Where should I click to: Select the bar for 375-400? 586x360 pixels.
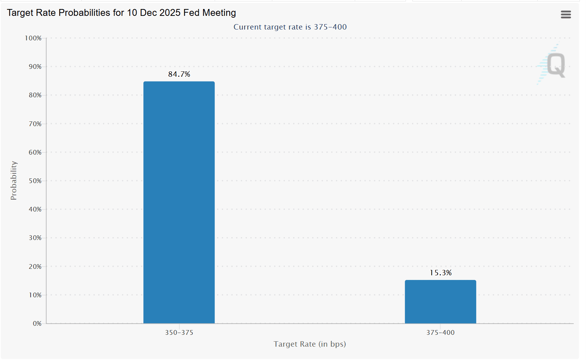pyautogui.click(x=440, y=302)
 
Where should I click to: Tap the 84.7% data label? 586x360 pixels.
pyautogui.click(x=179, y=74)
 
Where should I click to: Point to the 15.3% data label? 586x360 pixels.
pyautogui.click(x=440, y=273)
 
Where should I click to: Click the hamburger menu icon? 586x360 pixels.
pyautogui.click(x=565, y=14)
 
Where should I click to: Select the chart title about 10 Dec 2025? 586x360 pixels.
pyautogui.click(x=121, y=13)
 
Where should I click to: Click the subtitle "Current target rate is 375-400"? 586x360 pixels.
pyautogui.click(x=290, y=27)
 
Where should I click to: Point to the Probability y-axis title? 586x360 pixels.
pyautogui.click(x=14, y=180)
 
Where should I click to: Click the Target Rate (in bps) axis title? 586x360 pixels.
pyautogui.click(x=310, y=344)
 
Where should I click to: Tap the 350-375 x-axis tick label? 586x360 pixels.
pyautogui.click(x=179, y=333)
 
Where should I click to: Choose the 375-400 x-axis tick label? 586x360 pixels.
pyautogui.click(x=440, y=333)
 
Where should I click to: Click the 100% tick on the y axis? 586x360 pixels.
pyautogui.click(x=33, y=38)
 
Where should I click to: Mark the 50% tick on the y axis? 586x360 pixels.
pyautogui.click(x=35, y=181)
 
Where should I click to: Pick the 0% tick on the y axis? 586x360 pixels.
pyautogui.click(x=37, y=324)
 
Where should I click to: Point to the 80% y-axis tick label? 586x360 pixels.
pyautogui.click(x=35, y=95)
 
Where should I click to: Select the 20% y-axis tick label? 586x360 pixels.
pyautogui.click(x=35, y=267)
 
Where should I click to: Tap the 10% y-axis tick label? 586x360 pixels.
pyautogui.click(x=35, y=295)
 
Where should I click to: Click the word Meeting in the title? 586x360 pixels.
pyautogui.click(x=219, y=13)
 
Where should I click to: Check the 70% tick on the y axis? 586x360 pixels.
pyautogui.click(x=35, y=124)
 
